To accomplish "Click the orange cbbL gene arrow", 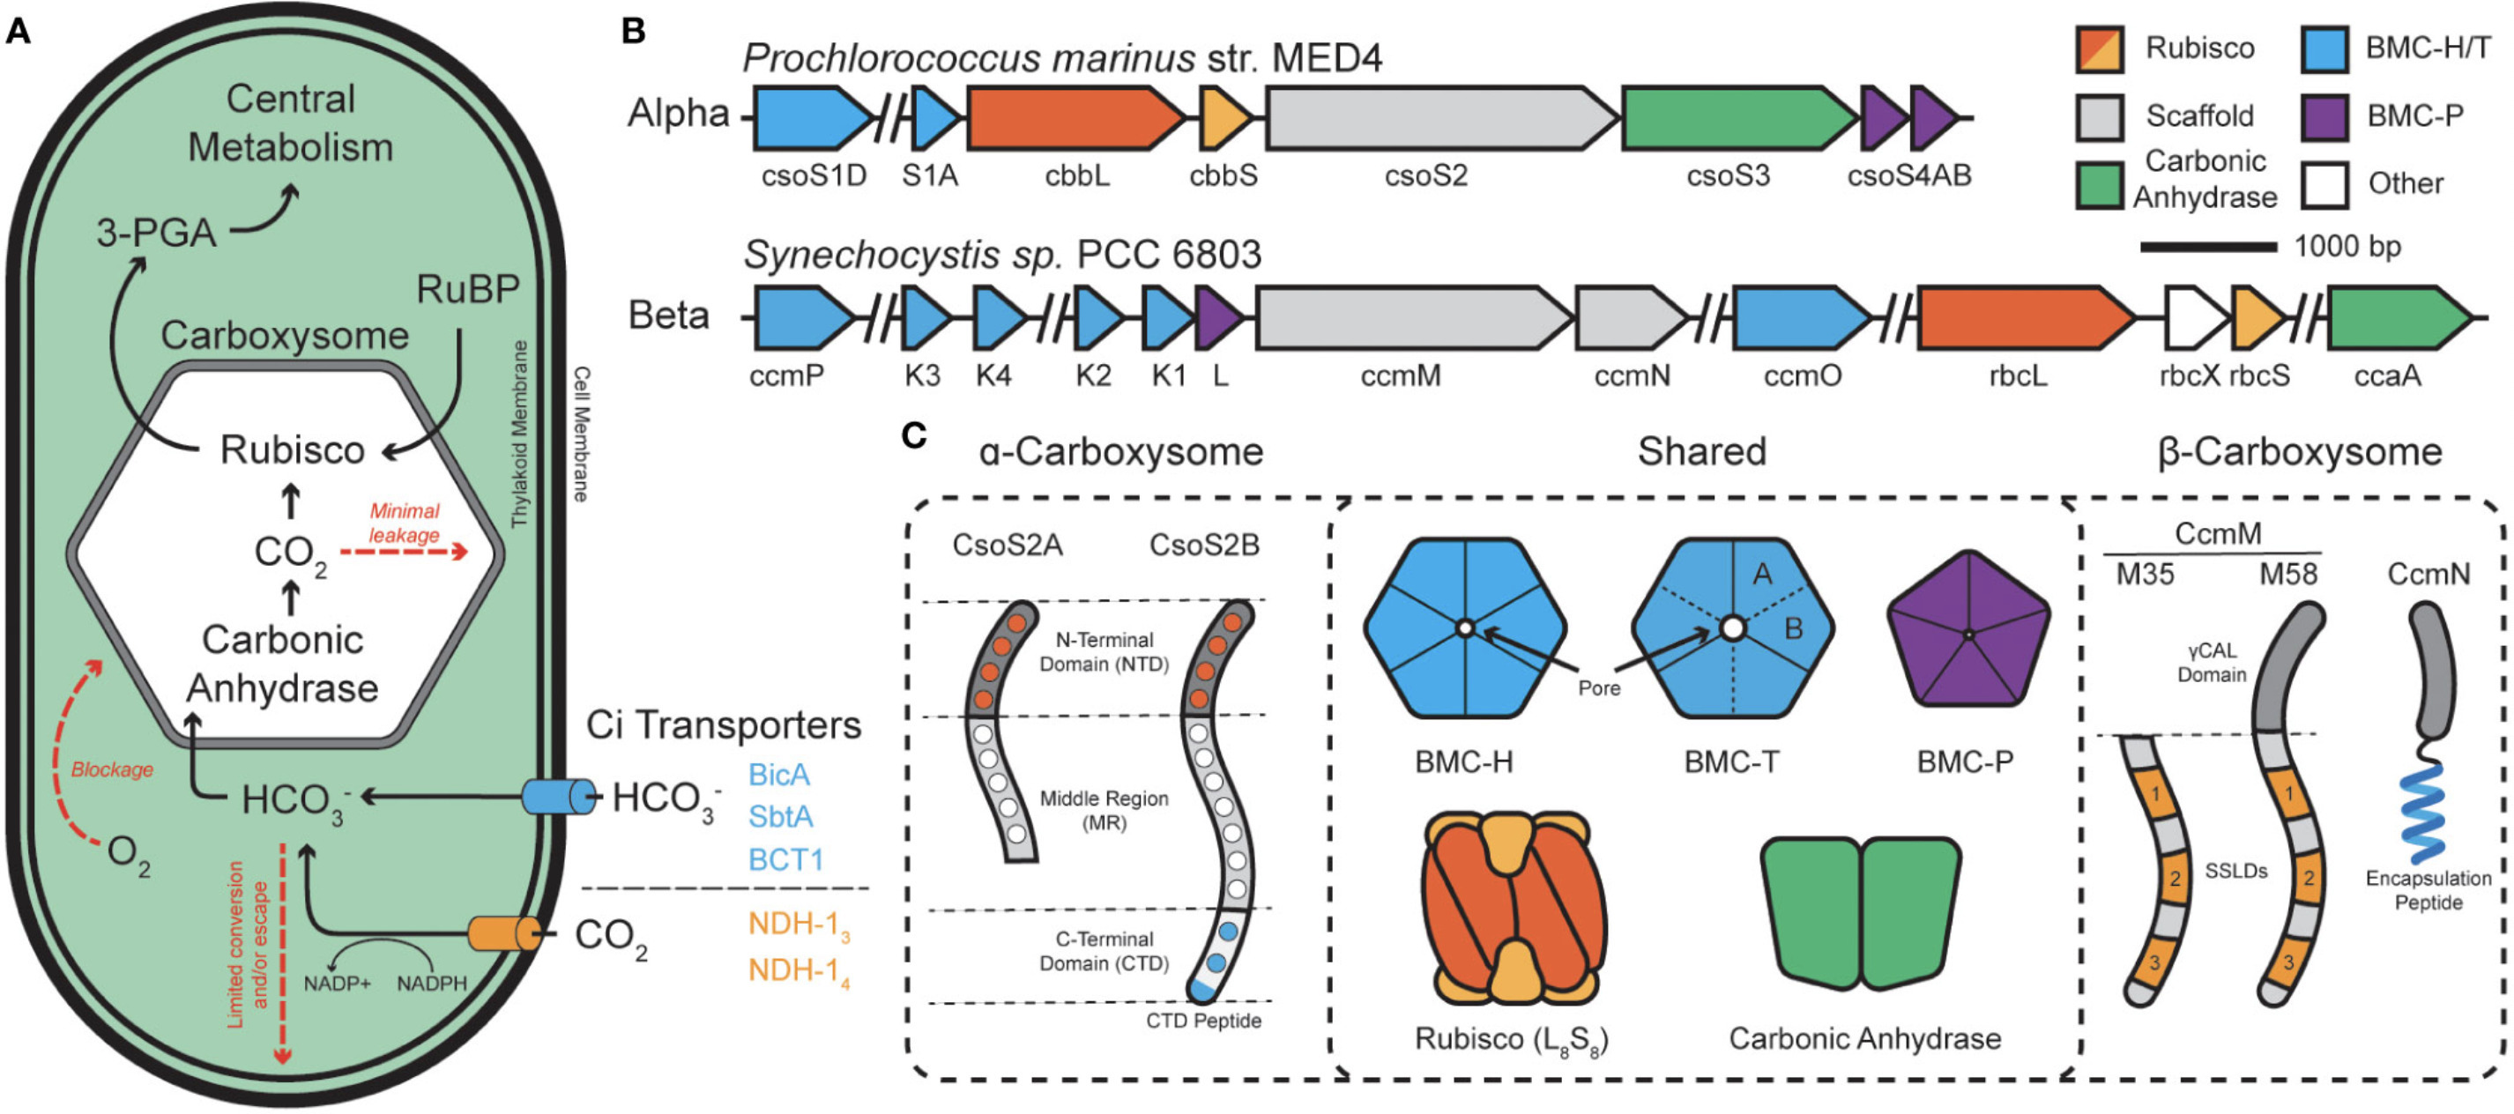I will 1074,118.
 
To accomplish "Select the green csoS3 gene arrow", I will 1737,118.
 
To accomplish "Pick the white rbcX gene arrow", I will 2194,318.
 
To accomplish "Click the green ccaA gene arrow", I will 2397,318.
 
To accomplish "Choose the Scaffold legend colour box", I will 2099,117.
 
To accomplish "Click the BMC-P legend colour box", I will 2324,117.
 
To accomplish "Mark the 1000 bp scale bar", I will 2207,247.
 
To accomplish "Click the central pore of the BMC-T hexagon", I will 1732,628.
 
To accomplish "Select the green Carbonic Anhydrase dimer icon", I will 1860,913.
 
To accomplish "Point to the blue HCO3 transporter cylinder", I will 557,797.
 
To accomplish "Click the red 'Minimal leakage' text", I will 404,523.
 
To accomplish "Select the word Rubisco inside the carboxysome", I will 292,449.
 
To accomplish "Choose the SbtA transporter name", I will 780,816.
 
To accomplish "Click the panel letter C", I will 912,435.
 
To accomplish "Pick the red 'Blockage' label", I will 112,769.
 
